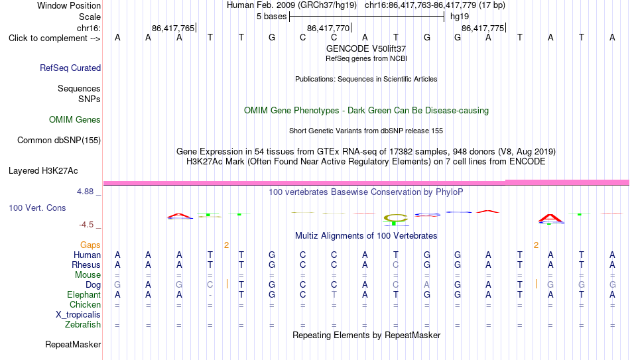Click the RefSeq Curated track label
click(70, 68)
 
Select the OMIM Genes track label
click(75, 120)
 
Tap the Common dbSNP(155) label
click(59, 141)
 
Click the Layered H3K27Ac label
click(43, 171)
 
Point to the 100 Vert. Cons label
click(37, 208)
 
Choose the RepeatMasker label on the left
click(73, 344)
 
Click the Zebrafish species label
click(83, 324)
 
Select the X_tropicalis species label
click(78, 315)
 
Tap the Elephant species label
click(84, 295)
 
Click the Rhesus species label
click(86, 265)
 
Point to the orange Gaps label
click(90, 245)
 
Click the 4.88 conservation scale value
click(85, 192)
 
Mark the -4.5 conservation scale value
click(86, 225)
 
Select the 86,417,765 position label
click(173, 28)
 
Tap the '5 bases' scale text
click(272, 17)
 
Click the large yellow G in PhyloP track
click(395, 219)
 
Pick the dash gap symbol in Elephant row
click(210, 296)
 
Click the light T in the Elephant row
click(334, 295)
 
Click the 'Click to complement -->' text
click(54, 38)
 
